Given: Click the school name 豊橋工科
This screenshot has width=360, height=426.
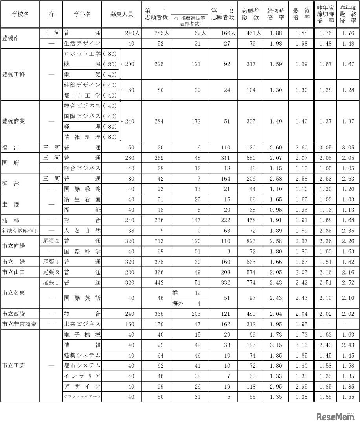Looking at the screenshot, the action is pyautogui.click(x=13, y=74).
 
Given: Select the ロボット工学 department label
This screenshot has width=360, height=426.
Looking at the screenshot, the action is pyautogui.click(x=82, y=53).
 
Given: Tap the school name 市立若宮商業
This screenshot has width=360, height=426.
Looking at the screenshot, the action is pyautogui.click(x=19, y=324).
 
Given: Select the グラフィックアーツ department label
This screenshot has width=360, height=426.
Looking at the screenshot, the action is pyautogui.click(x=82, y=396).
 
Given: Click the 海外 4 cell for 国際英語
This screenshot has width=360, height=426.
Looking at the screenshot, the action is pyautogui.click(x=189, y=303).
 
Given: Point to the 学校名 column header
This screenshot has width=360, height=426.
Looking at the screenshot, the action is pyautogui.click(x=20, y=14).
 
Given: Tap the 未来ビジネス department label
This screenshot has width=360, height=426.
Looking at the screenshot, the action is pyautogui.click(x=82, y=324).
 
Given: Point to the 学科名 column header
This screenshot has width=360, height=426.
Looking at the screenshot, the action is pyautogui.click(x=82, y=14).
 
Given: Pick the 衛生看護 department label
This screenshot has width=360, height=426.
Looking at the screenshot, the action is pyautogui.click(x=82, y=199).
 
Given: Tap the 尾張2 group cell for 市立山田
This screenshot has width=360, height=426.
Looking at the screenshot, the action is pyautogui.click(x=51, y=272).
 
